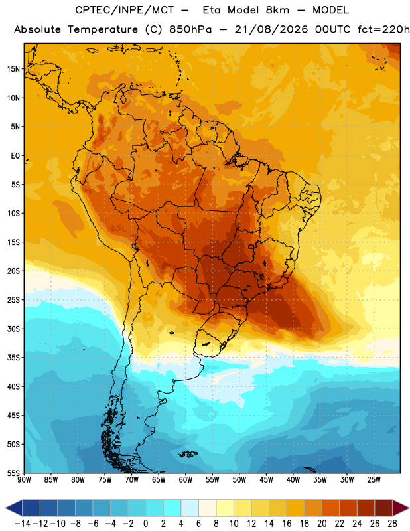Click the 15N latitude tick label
pos(13,69)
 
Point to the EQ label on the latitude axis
pos(15,156)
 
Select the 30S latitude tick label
pos(13,329)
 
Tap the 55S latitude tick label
pos(13,473)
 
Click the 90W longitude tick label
pos(24,480)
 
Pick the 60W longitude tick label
pos(186,480)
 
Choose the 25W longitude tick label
pos(374,480)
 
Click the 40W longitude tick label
pos(293,480)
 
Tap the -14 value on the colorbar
pos(23,524)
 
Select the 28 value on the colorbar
pos(392,524)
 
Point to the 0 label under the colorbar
pos(146,524)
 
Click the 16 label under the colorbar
pos(287,524)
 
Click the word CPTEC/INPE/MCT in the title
pos(124,10)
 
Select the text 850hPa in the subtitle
pos(190,29)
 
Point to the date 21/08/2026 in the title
pos(271,29)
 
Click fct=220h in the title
pos(383,29)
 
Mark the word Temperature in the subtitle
pos(102,29)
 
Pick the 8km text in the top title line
pos(277,10)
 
